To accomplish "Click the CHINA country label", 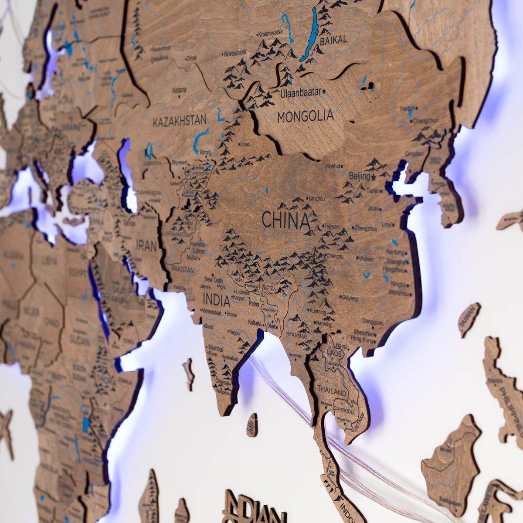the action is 285,221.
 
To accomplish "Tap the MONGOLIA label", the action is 305,116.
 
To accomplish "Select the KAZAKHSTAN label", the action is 179,121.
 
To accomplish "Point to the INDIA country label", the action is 216,300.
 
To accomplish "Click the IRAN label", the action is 146,245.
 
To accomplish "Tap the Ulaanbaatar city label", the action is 301,92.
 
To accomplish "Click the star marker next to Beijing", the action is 374,177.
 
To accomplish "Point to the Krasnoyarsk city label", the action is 270,33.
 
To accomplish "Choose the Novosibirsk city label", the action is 235,54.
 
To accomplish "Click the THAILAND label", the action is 332,391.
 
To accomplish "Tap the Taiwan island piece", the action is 469,319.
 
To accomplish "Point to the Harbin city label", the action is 408,107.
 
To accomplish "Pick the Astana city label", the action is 179,90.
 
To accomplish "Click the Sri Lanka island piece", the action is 252,425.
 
